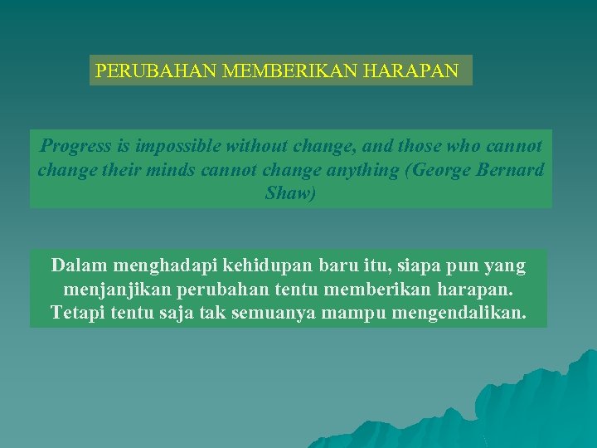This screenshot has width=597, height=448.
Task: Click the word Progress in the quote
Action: click(75, 147)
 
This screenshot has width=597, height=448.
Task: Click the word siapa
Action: click(424, 267)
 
